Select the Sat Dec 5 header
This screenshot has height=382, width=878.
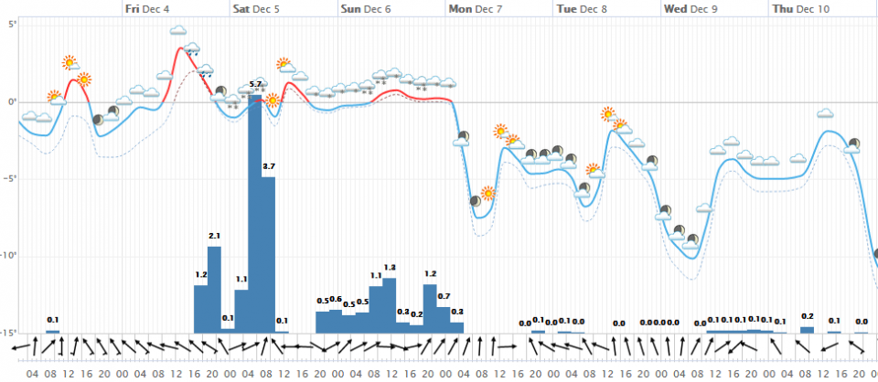point(258,8)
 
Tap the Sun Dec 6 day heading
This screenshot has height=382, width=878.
point(365,8)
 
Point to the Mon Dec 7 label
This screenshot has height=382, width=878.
point(474,8)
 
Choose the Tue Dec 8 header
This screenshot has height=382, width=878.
point(581,8)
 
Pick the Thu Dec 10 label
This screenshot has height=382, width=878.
point(800,8)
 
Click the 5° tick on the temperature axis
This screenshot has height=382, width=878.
point(11,23)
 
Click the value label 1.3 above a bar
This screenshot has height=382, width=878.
point(390,267)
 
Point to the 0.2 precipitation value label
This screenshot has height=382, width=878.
point(808,315)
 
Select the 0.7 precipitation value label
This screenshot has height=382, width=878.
point(444,296)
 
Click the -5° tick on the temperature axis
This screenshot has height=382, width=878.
point(11,178)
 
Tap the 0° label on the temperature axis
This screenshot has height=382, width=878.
point(11,101)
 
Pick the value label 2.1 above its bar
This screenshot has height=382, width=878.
point(214,237)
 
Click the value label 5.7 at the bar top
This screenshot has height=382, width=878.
point(255,84)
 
